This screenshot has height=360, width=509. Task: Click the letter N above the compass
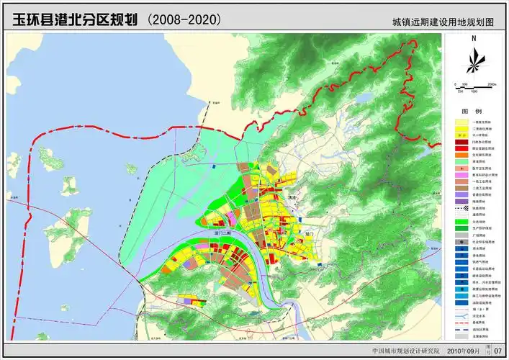coord(474,40)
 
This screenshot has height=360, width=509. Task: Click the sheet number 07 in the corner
coord(496,351)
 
